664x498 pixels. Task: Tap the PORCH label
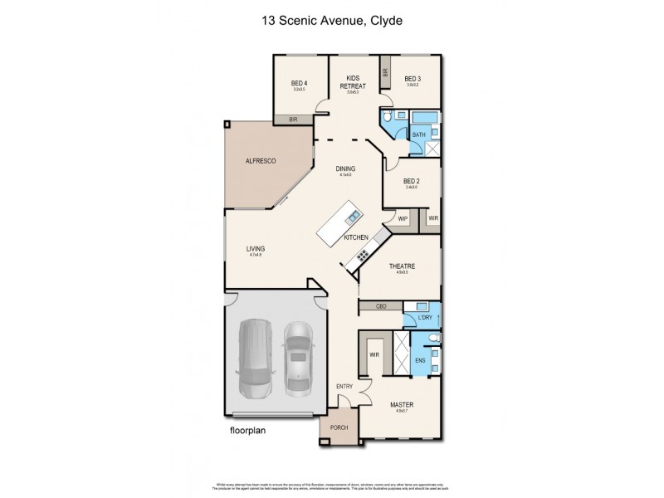(x=339, y=429)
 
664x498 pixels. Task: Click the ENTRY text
(x=344, y=387)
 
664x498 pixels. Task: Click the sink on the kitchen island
(x=353, y=217)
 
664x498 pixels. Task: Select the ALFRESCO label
(x=260, y=160)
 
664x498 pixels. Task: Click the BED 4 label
(x=300, y=83)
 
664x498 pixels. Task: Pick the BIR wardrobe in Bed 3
(x=386, y=72)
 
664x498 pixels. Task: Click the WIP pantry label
(x=403, y=218)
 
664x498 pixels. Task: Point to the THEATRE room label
(x=402, y=266)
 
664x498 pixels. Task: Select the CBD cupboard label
(x=381, y=307)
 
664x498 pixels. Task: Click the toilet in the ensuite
(x=437, y=353)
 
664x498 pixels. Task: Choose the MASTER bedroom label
(x=402, y=405)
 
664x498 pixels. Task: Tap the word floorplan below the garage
(x=252, y=432)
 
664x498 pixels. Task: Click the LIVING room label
(x=255, y=248)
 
